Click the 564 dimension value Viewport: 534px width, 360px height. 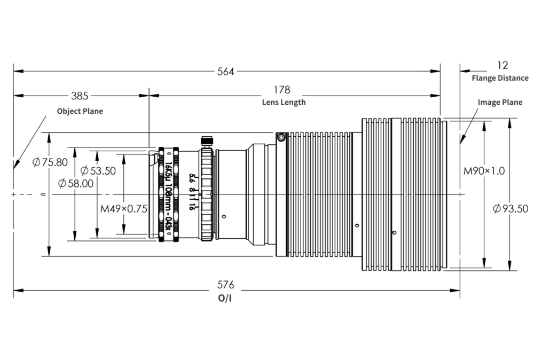[x=226, y=72]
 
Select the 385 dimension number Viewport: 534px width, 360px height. [x=80, y=96]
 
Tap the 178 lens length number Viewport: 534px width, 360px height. [x=282, y=90]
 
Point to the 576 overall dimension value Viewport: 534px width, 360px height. [x=225, y=284]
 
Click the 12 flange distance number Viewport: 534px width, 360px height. [x=502, y=65]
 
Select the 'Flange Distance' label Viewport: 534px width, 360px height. [x=500, y=78]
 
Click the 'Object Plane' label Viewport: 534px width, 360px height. [x=80, y=111]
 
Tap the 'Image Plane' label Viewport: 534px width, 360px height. [x=500, y=102]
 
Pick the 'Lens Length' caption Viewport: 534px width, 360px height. [x=284, y=102]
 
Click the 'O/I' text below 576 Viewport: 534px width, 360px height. [x=225, y=299]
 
